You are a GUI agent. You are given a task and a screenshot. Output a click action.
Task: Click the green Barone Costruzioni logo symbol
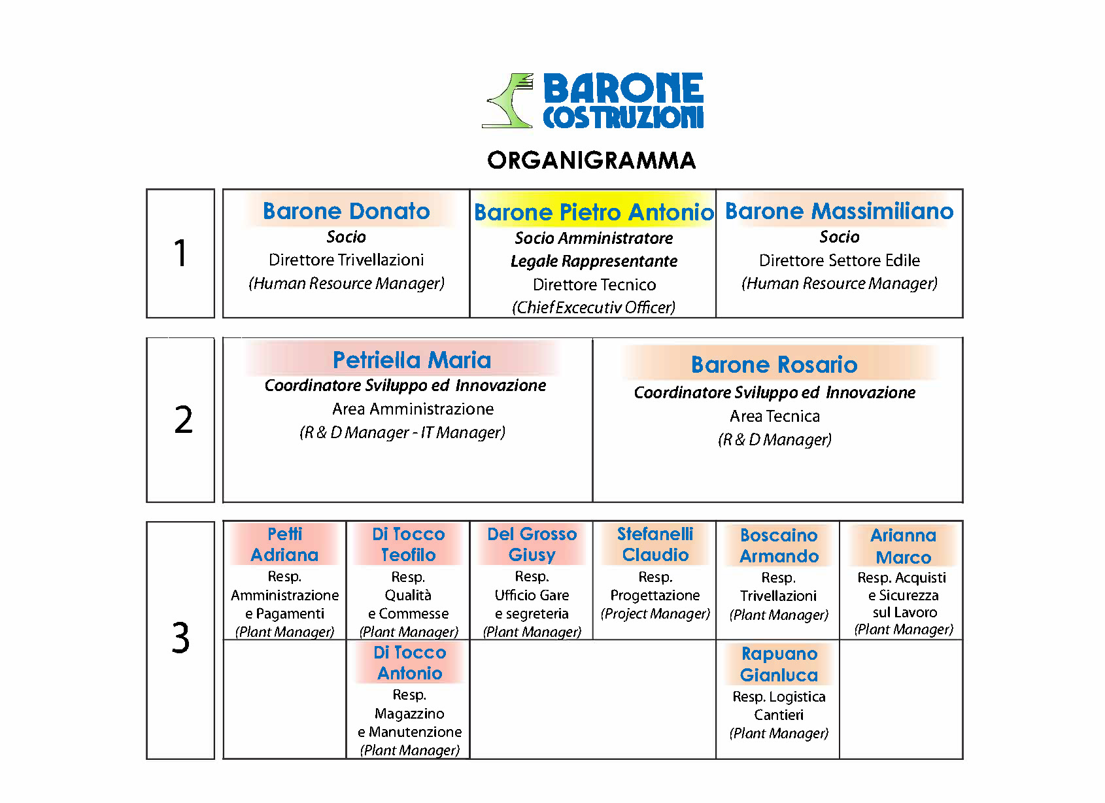(509, 101)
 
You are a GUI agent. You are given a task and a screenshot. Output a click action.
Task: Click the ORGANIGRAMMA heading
(592, 160)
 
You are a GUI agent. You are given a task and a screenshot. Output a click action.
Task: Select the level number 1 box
(180, 254)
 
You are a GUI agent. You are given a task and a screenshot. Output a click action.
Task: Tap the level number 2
(183, 420)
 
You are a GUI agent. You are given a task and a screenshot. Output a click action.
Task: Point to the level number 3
(180, 638)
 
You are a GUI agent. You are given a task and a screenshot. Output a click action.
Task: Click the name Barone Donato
(346, 211)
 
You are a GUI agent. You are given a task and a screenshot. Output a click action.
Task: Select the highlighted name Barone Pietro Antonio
(594, 213)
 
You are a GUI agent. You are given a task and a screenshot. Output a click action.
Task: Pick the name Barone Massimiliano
(839, 211)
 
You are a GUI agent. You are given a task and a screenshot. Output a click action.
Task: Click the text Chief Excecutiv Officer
(594, 307)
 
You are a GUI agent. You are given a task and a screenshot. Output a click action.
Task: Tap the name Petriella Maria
(411, 360)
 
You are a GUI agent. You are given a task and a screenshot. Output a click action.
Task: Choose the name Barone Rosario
(774, 364)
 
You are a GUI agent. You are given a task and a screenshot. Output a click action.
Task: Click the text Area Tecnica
(775, 416)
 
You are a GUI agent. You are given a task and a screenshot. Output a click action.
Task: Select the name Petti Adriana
(284, 545)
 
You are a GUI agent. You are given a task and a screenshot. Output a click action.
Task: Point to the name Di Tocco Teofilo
(408, 545)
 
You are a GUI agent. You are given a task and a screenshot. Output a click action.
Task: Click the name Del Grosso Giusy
(532, 545)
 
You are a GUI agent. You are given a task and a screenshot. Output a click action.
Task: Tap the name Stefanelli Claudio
(655, 545)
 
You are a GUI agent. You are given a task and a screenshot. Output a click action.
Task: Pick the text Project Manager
(655, 613)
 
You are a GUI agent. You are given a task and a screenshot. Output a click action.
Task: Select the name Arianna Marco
(903, 547)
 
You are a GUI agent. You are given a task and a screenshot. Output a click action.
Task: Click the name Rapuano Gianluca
(779, 664)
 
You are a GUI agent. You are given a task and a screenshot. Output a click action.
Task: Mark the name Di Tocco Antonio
(409, 663)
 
